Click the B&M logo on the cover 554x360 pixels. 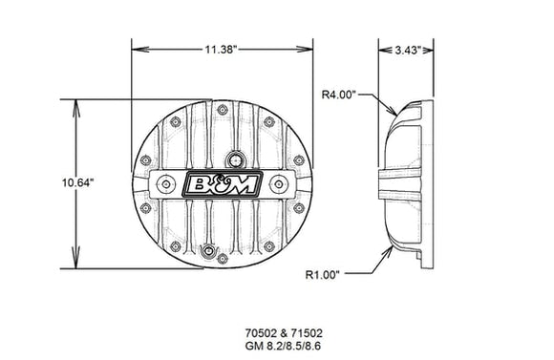tap(222, 185)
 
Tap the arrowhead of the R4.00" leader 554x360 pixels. tap(393, 114)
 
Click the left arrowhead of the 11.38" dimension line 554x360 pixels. tap(135, 47)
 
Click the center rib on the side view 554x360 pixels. tap(398, 184)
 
